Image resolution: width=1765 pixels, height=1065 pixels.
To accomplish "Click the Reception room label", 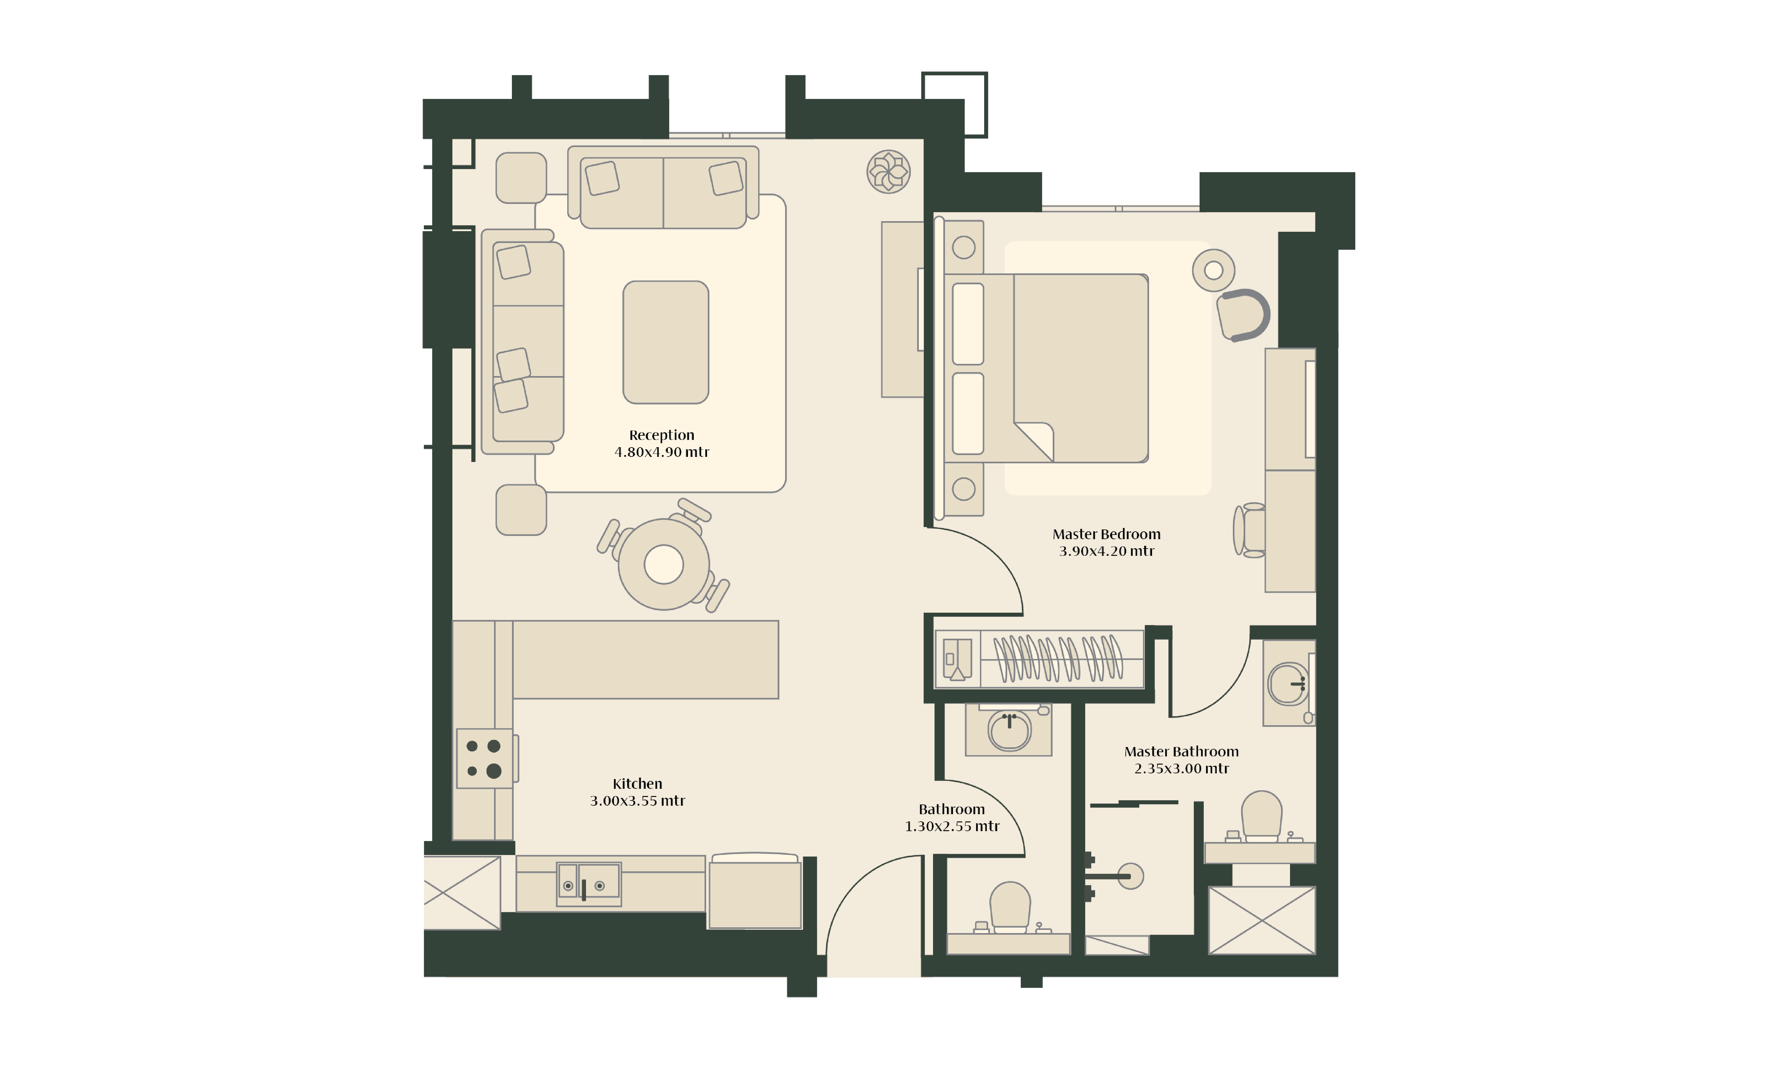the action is pos(661,435).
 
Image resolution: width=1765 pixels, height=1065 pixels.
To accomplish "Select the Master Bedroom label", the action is pos(1106,534).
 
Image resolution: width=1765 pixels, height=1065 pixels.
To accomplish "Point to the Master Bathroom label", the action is pos(1181,751).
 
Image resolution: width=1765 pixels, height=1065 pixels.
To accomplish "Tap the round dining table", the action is pos(663,564).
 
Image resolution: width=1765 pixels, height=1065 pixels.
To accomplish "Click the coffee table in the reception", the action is pos(666,342).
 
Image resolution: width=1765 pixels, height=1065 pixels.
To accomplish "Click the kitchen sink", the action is pos(589,884).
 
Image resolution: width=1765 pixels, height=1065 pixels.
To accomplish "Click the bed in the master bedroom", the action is pos(1046,368).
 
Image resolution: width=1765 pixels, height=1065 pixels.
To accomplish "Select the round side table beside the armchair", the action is pos(1213,270).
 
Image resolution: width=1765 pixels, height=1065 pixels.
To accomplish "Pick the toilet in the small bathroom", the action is pos(1010,907).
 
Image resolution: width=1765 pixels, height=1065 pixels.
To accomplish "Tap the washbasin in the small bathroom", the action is pos(1009,731).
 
